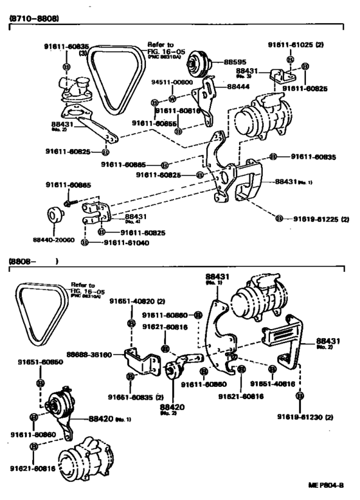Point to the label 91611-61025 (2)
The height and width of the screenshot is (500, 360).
click(x=295, y=45)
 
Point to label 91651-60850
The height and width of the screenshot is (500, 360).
click(x=40, y=362)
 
